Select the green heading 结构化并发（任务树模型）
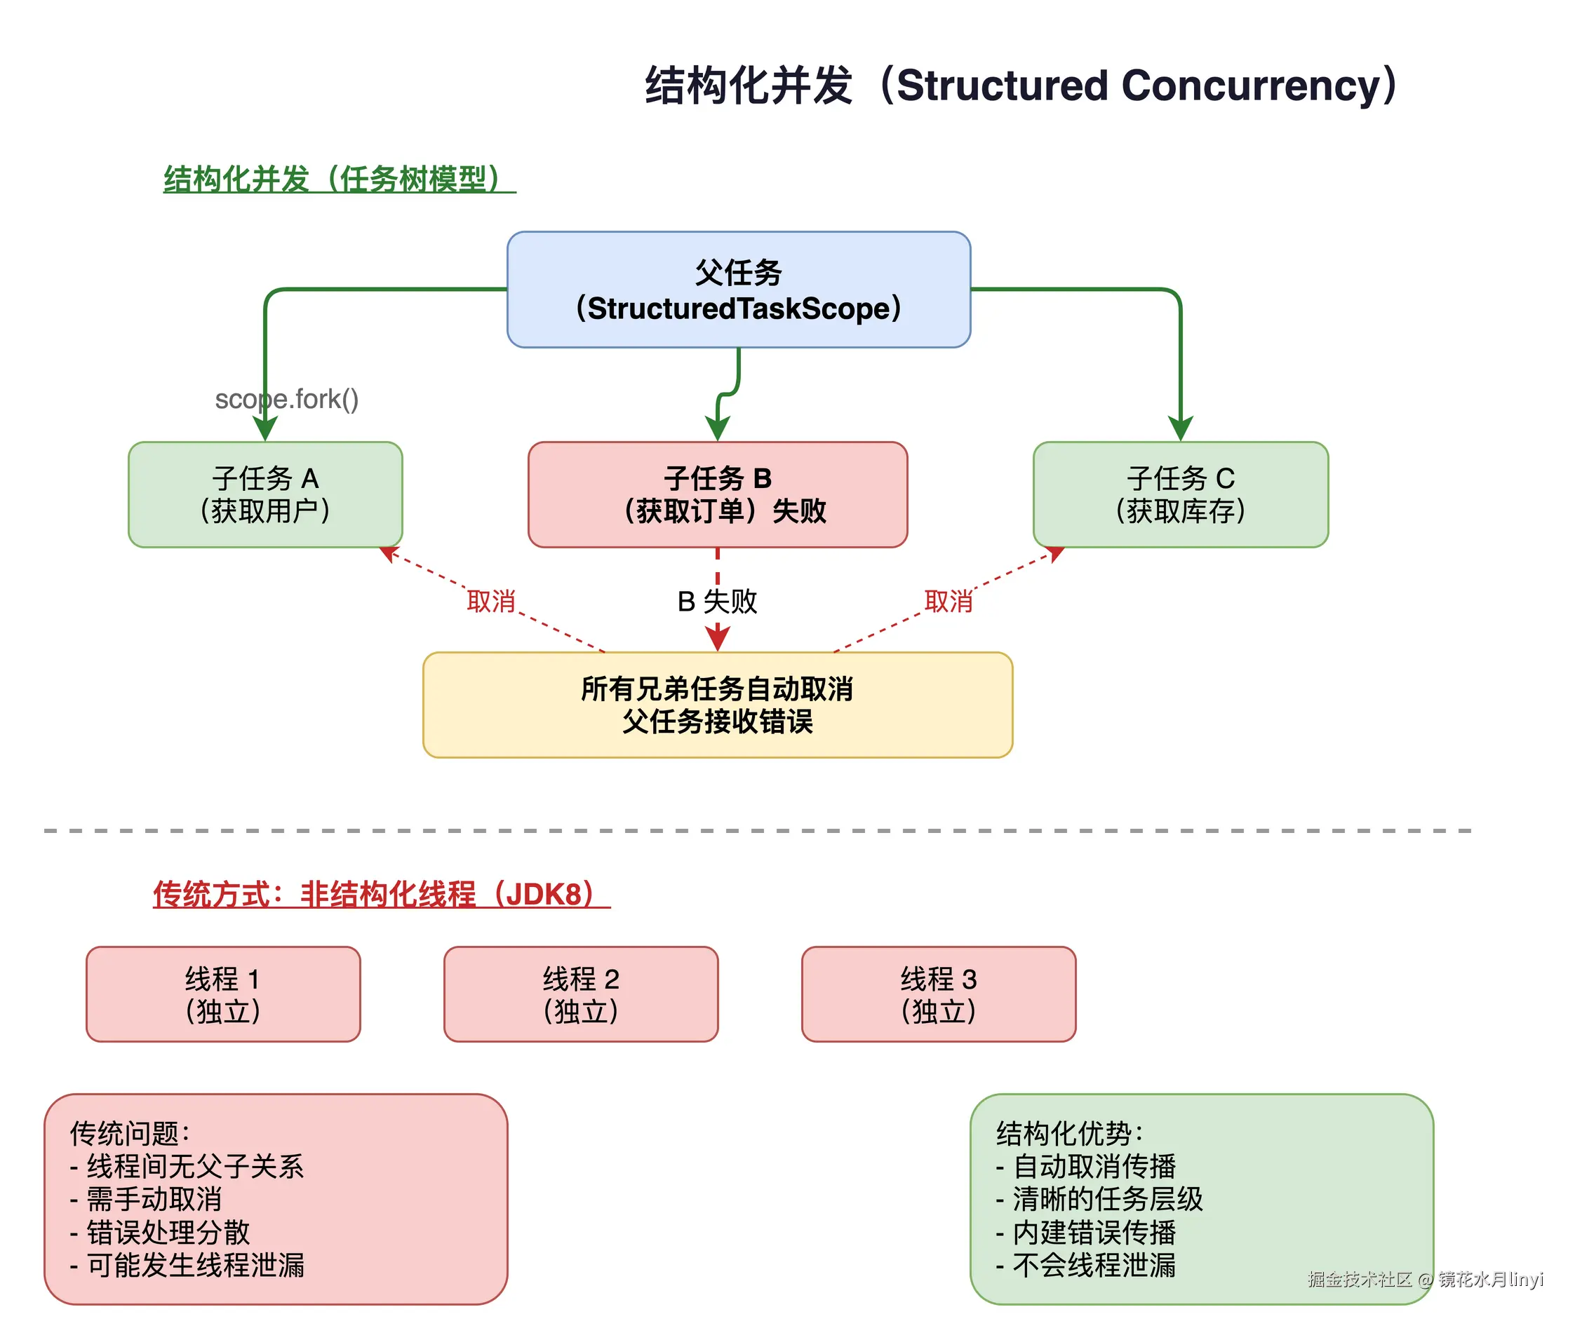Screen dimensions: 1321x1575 click(x=339, y=179)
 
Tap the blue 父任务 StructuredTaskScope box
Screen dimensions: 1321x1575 click(x=739, y=290)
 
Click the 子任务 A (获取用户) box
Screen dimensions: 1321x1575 click(x=264, y=495)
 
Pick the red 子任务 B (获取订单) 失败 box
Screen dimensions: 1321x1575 click(x=718, y=495)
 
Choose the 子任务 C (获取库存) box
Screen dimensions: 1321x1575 click(x=1181, y=495)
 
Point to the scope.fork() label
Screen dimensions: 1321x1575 click(x=286, y=399)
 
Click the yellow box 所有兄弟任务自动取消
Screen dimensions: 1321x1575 click(x=718, y=705)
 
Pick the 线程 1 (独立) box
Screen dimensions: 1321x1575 click(x=223, y=994)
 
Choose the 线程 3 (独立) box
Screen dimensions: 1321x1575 click(x=938, y=994)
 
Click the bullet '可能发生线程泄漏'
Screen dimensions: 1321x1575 click(x=195, y=1266)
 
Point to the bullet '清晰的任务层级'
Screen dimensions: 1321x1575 click(x=1107, y=1200)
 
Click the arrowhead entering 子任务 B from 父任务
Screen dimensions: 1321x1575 click(x=718, y=431)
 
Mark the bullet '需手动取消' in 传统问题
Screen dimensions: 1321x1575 click(x=154, y=1200)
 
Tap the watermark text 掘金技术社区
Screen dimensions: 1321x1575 click(x=1359, y=1279)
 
